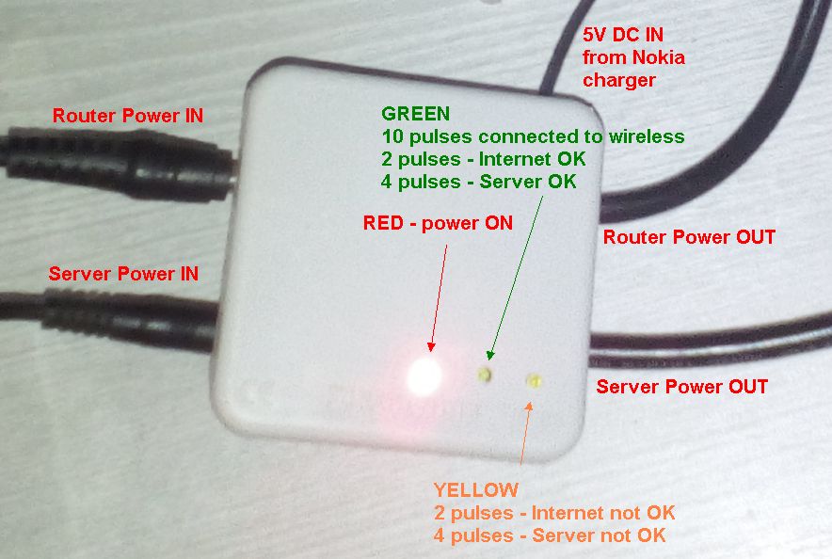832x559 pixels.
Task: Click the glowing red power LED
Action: (424, 376)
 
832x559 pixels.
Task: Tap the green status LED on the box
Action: (484, 375)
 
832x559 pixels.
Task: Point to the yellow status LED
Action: (534, 380)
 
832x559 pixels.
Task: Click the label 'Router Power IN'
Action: (128, 116)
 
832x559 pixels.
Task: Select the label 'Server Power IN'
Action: (123, 274)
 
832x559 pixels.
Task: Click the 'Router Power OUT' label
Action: (689, 237)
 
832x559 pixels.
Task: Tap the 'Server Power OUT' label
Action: (682, 387)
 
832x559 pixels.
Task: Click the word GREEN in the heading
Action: (415, 114)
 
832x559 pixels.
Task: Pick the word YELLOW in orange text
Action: (476, 490)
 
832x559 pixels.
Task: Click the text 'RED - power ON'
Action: (439, 223)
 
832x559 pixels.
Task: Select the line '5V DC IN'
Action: (623, 35)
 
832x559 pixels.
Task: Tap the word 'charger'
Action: (619, 81)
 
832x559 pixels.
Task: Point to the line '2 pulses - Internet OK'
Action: (484, 159)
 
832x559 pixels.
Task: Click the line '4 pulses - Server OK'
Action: (479, 182)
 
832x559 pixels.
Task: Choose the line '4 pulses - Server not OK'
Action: (550, 535)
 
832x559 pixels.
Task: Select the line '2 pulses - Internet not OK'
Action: (554, 513)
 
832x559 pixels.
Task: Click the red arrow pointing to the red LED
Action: (439, 298)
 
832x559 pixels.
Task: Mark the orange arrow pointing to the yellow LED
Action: (525, 433)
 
